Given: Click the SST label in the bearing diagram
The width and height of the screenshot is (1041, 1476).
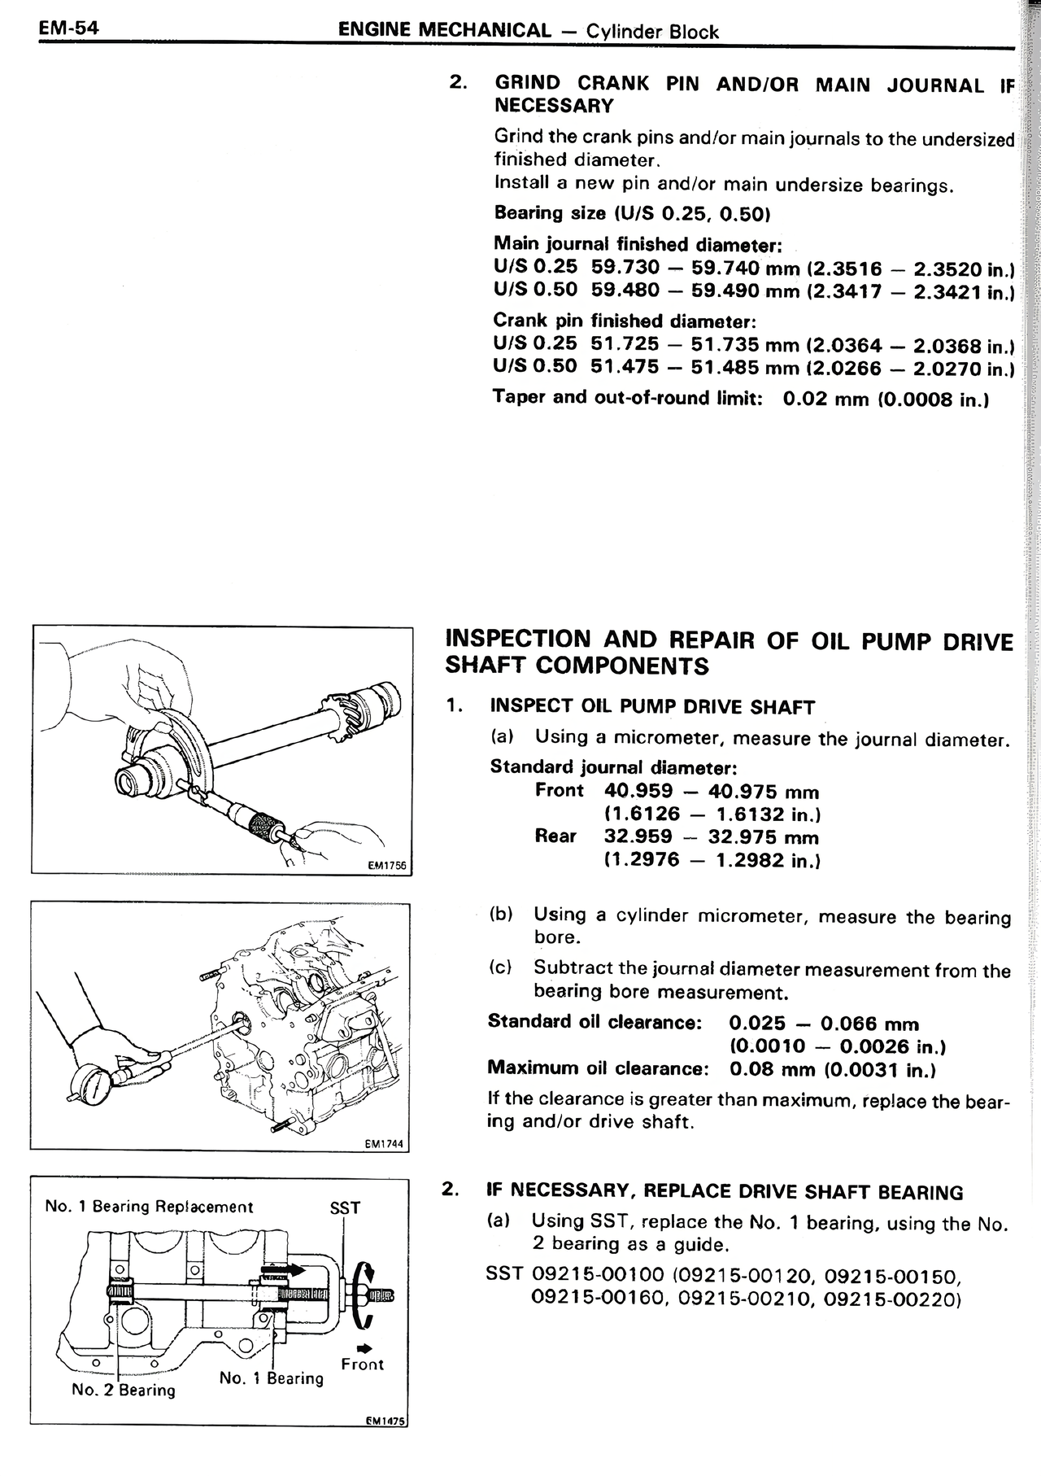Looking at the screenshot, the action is (x=345, y=1208).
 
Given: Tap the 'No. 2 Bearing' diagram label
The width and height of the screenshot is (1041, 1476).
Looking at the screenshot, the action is (x=124, y=1390).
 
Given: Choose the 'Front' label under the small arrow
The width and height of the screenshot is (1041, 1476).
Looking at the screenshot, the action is (x=363, y=1365).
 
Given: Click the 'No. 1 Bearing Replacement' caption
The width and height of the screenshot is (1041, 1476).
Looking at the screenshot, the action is (x=149, y=1207).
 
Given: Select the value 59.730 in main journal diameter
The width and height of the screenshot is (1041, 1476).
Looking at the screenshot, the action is (x=625, y=267).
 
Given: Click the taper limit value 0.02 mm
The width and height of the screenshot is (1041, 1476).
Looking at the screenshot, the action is (x=814, y=399).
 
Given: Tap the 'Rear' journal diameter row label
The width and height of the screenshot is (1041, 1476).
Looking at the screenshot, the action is (x=555, y=836).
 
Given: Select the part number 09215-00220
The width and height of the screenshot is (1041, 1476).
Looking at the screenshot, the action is (x=891, y=1299).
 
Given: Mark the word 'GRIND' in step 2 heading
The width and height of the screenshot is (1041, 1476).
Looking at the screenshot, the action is (x=528, y=83).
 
